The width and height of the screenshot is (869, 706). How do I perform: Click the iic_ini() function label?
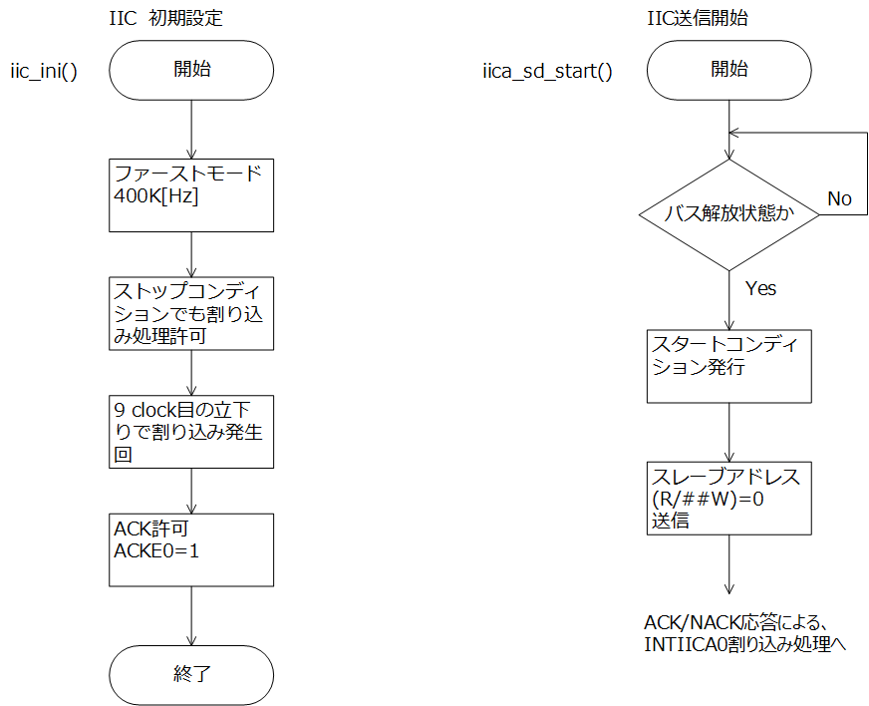point(44,72)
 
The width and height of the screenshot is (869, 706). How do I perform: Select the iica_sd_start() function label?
point(547,72)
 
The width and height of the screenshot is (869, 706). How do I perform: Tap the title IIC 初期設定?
point(165,18)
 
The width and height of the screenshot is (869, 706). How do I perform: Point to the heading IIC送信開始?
point(698,18)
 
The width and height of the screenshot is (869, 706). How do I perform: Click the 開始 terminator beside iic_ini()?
point(191,71)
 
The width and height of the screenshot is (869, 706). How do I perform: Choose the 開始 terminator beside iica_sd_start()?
point(728,71)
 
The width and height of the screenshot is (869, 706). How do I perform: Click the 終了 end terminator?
point(191,675)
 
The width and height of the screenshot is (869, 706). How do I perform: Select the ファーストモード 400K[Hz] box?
point(191,195)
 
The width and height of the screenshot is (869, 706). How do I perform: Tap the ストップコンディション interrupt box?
point(191,313)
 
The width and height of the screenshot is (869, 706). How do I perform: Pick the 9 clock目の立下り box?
point(191,432)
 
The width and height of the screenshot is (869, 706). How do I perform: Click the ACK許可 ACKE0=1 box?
point(191,549)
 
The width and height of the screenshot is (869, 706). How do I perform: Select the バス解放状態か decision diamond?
point(728,215)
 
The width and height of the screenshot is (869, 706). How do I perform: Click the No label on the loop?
point(839,198)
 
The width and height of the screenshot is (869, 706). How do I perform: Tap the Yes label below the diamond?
point(760,288)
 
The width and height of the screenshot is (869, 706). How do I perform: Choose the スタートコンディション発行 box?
point(728,366)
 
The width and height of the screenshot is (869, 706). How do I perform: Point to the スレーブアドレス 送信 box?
point(728,498)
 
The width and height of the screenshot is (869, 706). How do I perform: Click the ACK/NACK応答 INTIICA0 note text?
point(744,633)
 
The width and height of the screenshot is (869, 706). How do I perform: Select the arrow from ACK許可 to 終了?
point(191,615)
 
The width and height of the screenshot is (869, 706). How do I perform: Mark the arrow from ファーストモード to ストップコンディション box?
point(191,254)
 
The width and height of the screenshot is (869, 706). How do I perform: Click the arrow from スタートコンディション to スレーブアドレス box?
point(728,432)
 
